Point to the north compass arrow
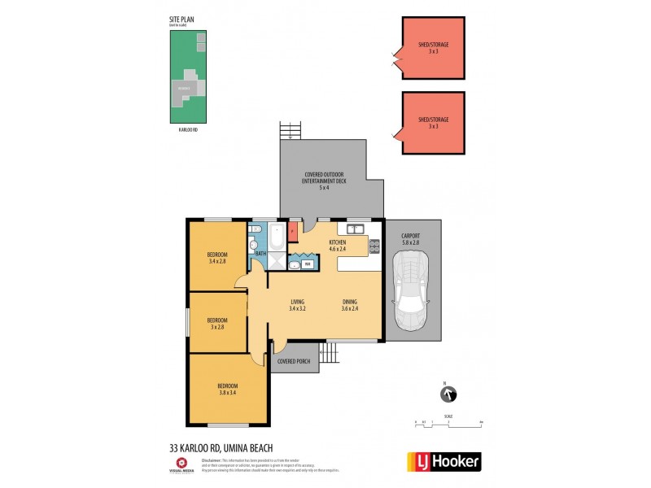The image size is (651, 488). tap(447, 394)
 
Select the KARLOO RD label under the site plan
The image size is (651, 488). tap(189, 129)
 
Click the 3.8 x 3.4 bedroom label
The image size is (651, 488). tap(228, 389)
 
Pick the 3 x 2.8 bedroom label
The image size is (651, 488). tap(216, 323)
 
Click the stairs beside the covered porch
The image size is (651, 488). tap(328, 352)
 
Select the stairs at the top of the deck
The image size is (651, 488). tap(290, 130)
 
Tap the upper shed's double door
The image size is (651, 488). tap(398, 58)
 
